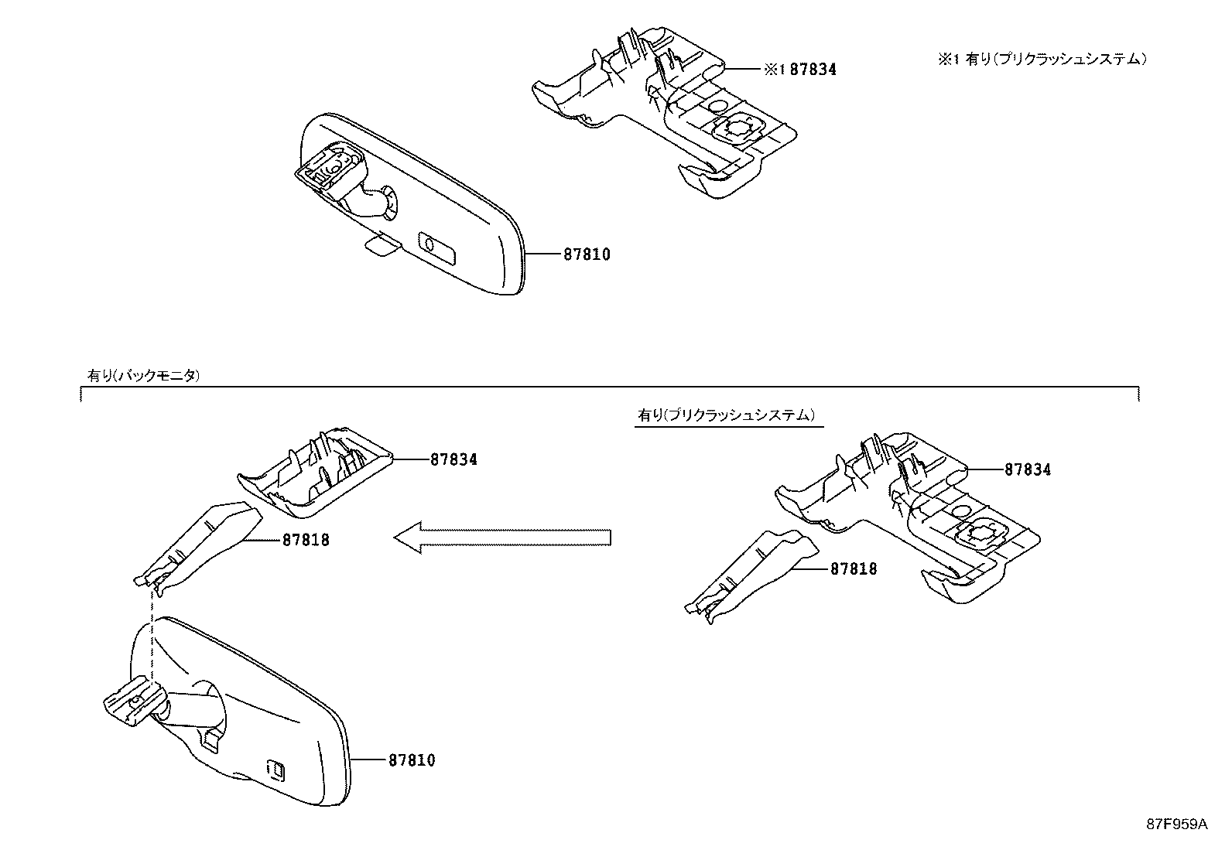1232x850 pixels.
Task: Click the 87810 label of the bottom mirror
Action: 411,760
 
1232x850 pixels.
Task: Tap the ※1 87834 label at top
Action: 800,70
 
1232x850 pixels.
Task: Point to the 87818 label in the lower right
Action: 854,568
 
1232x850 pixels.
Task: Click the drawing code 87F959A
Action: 1176,824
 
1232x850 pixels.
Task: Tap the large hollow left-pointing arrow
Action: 503,537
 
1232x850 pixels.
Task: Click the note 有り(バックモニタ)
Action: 144,376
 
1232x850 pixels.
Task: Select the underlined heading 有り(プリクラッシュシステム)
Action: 727,415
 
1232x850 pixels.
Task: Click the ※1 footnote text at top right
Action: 1042,59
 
